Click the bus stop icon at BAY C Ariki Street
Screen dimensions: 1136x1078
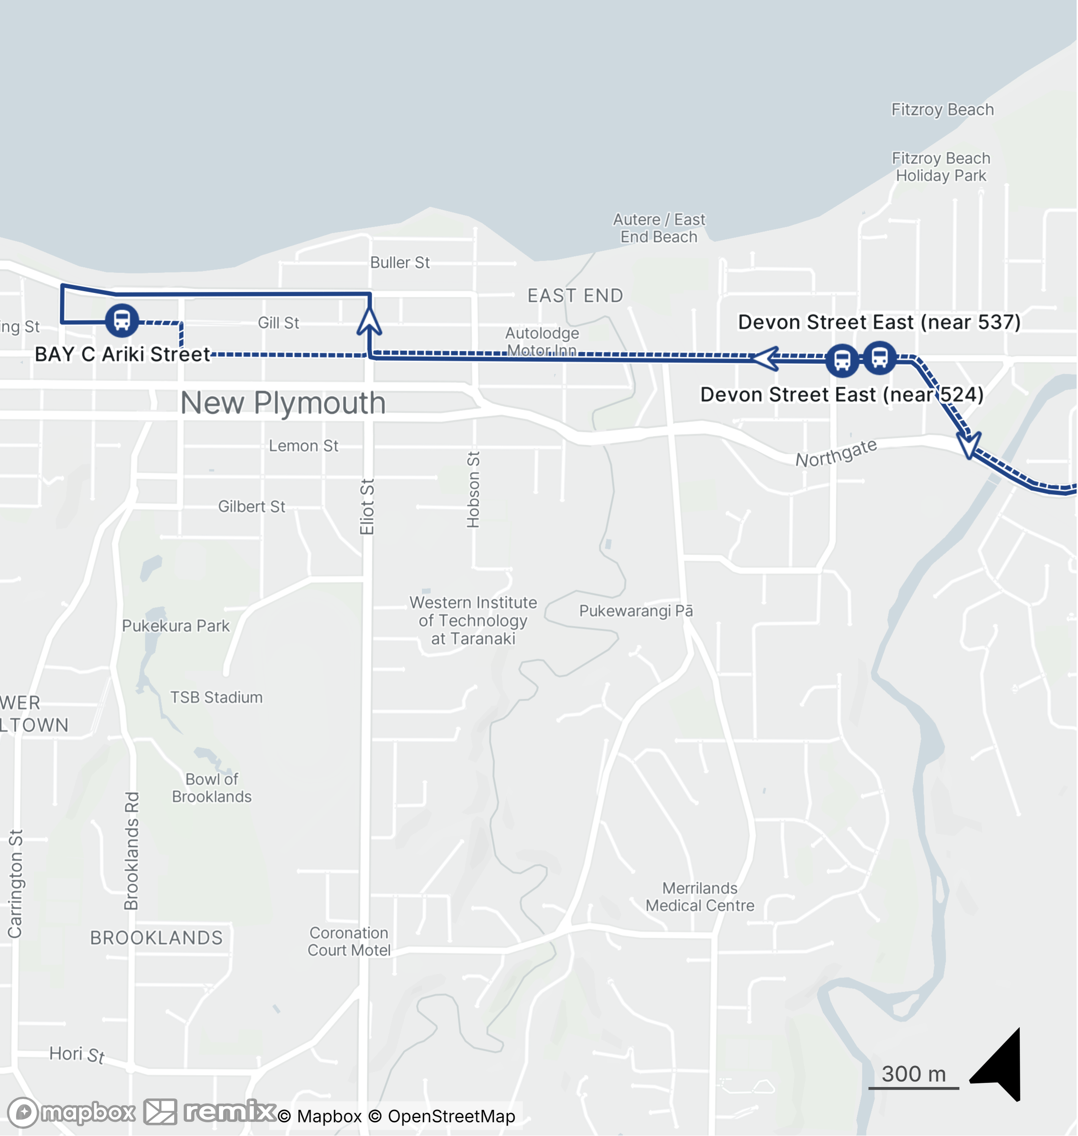point(122,320)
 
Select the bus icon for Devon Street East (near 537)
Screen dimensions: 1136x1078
point(879,358)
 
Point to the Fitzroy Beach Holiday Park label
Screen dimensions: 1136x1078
point(941,167)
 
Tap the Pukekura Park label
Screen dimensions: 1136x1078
point(175,625)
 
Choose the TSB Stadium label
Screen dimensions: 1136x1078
point(216,697)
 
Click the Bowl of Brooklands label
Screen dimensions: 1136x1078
point(212,788)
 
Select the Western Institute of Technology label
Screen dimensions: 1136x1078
point(473,620)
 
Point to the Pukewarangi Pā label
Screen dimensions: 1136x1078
point(635,610)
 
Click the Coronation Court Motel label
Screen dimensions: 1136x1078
point(349,941)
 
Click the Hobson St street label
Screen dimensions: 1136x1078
point(473,489)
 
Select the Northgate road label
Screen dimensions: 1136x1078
point(836,452)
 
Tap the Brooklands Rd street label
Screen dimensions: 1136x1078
point(131,851)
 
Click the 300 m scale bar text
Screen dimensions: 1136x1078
point(913,1073)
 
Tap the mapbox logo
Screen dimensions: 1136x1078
point(72,1113)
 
